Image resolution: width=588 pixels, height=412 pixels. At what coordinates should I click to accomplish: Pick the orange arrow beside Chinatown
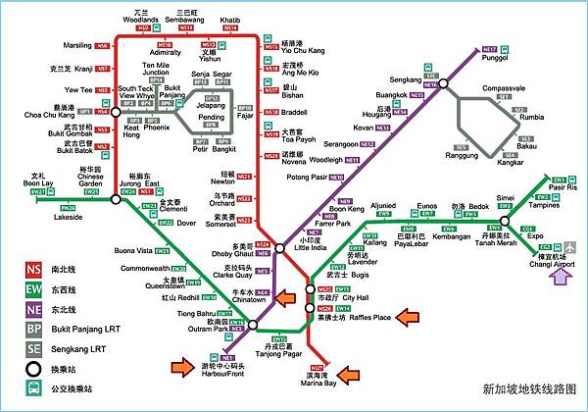coord(284,297)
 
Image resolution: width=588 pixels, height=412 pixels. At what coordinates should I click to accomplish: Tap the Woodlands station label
coord(145,19)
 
